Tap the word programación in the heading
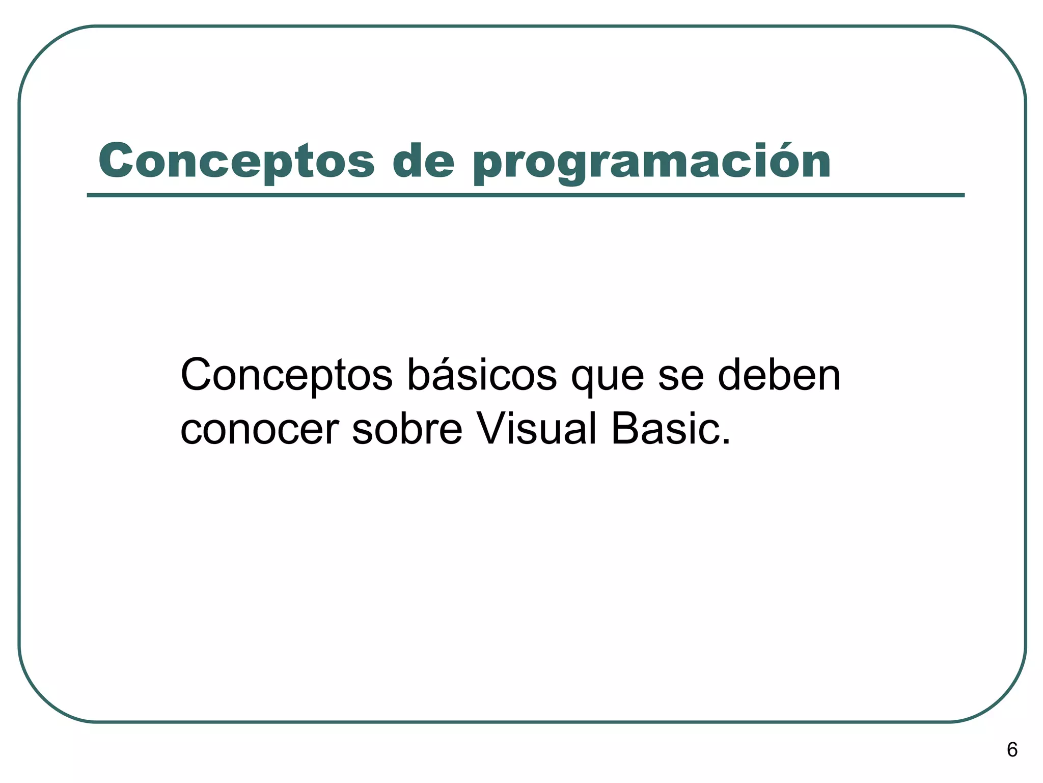pos(651,163)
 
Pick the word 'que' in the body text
pos(608,380)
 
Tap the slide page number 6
pos(1012,750)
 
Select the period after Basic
pos(725,441)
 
